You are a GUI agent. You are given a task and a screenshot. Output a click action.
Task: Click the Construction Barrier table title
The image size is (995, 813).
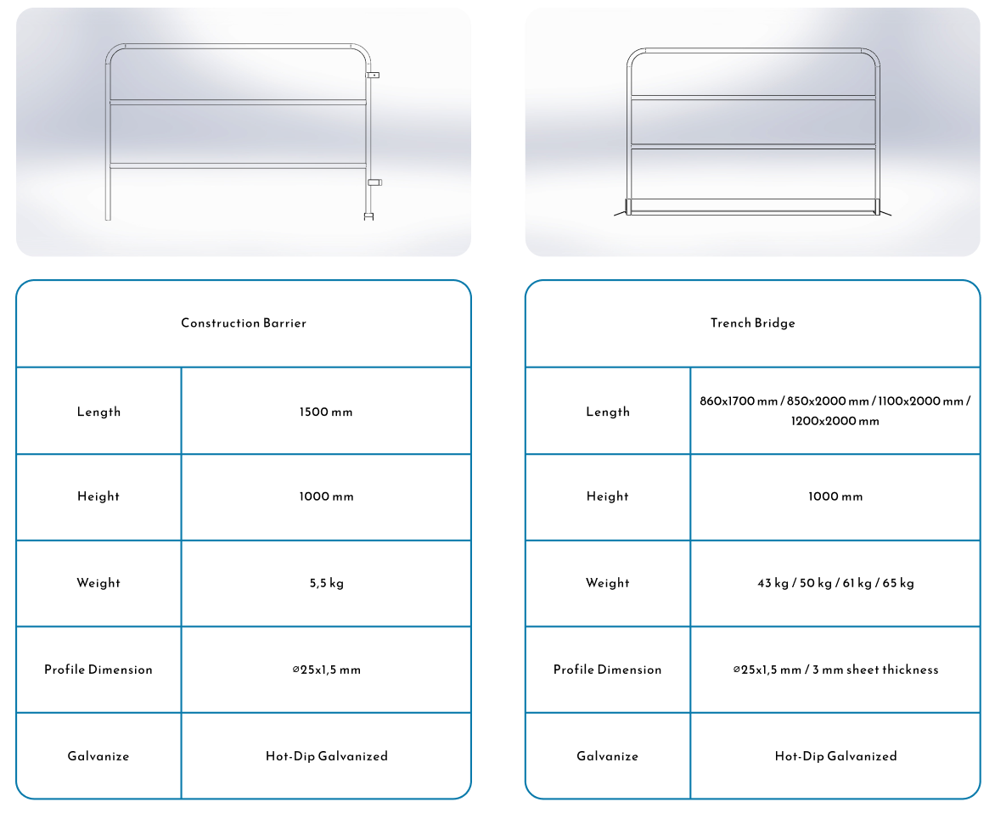point(244,322)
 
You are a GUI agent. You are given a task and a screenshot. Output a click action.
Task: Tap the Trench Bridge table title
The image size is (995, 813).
point(752,322)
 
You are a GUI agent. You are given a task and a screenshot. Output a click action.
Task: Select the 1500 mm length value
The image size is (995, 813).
point(326,412)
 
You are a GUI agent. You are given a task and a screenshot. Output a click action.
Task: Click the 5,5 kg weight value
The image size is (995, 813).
point(326,583)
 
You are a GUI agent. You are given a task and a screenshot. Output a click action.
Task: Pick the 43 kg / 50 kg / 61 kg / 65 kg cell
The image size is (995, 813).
point(835,583)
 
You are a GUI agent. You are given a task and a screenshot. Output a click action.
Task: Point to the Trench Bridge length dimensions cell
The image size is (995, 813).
point(835,411)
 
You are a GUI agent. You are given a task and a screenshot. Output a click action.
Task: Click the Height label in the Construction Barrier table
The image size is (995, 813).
point(98,496)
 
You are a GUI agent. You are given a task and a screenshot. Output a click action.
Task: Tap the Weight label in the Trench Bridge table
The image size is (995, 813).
point(607,583)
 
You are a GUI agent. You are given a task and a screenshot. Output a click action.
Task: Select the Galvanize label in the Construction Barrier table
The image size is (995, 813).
point(98,756)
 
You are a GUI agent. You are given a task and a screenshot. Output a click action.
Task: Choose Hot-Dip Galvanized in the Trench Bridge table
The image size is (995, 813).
point(835,756)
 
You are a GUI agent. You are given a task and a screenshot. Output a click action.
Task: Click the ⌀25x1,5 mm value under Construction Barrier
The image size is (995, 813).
point(326,670)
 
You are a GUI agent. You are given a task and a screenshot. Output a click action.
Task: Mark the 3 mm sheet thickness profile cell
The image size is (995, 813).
point(835,670)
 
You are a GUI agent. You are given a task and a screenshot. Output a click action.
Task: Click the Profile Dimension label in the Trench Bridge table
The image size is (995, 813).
point(607,670)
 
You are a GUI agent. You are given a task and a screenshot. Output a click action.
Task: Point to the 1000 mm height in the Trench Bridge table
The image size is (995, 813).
point(835,496)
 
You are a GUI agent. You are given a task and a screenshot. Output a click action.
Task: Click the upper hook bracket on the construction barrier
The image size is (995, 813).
point(373,75)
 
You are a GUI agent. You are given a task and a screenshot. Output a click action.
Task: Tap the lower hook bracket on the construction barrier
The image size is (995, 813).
point(374,182)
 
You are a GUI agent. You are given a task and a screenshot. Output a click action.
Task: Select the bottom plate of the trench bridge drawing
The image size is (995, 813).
point(752,206)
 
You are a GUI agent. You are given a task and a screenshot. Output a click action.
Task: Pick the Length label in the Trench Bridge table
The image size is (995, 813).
point(607,412)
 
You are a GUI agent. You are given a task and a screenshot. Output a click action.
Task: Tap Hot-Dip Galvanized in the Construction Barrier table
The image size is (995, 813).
point(326,756)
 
